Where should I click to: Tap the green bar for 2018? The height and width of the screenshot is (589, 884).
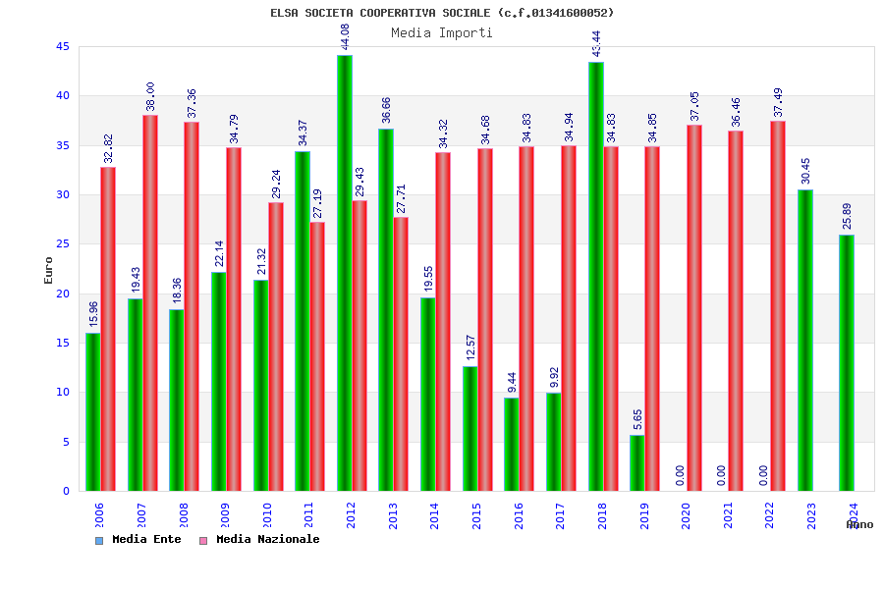pos(596,276)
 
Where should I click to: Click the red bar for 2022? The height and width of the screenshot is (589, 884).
pos(778,305)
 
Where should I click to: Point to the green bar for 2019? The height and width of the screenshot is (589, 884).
pos(637,462)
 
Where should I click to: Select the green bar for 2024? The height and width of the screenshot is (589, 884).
pos(847,362)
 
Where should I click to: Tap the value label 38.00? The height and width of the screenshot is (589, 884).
pos(150,96)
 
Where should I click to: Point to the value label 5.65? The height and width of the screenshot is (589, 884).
pos(637,419)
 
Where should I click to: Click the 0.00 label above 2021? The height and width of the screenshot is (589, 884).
pos(722,475)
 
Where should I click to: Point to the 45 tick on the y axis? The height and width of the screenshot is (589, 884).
pos(63,46)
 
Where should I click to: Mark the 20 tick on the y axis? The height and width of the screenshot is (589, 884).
pos(63,294)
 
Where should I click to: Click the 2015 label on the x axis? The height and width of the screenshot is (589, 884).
pos(476,515)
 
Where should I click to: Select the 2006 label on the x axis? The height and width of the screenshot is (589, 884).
pos(99,515)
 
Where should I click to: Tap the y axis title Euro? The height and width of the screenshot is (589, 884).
pos(49,270)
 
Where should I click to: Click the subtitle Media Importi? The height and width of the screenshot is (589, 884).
pos(442,32)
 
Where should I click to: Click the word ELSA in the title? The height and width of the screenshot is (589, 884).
pos(286,13)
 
